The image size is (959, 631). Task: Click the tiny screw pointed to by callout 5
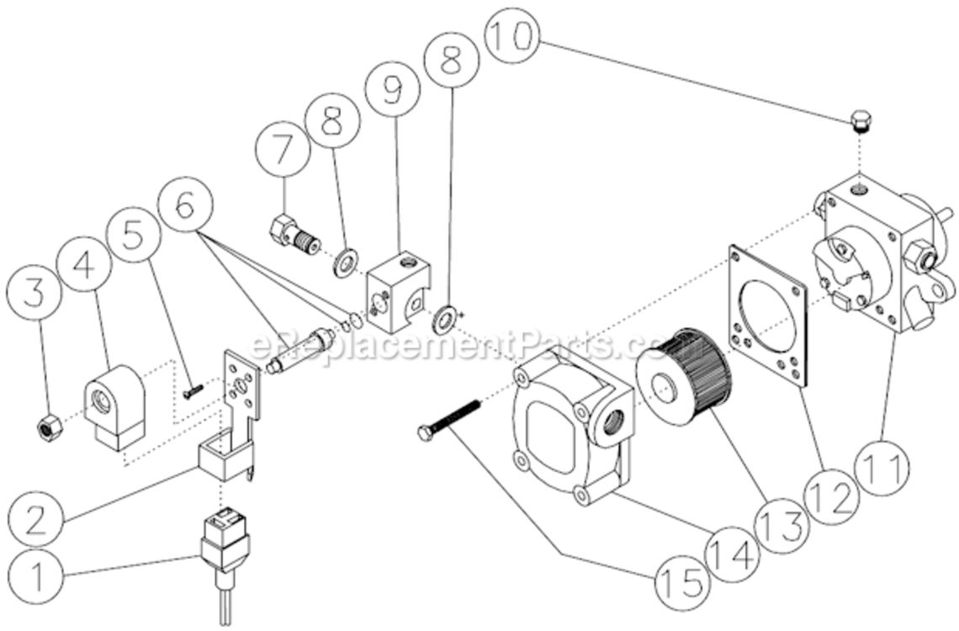pyautogui.click(x=192, y=389)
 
